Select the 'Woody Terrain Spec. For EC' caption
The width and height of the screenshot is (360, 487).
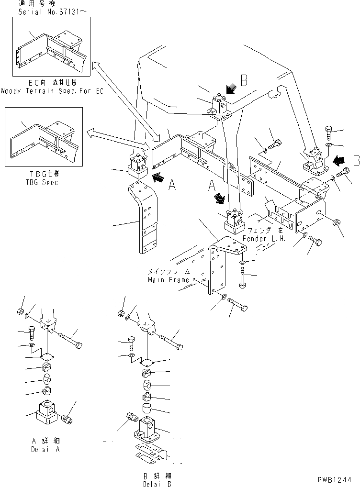click(52, 90)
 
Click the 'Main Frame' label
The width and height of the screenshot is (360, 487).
click(168, 280)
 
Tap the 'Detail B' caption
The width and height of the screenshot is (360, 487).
click(156, 483)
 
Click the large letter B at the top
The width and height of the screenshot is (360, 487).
click(244, 81)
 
